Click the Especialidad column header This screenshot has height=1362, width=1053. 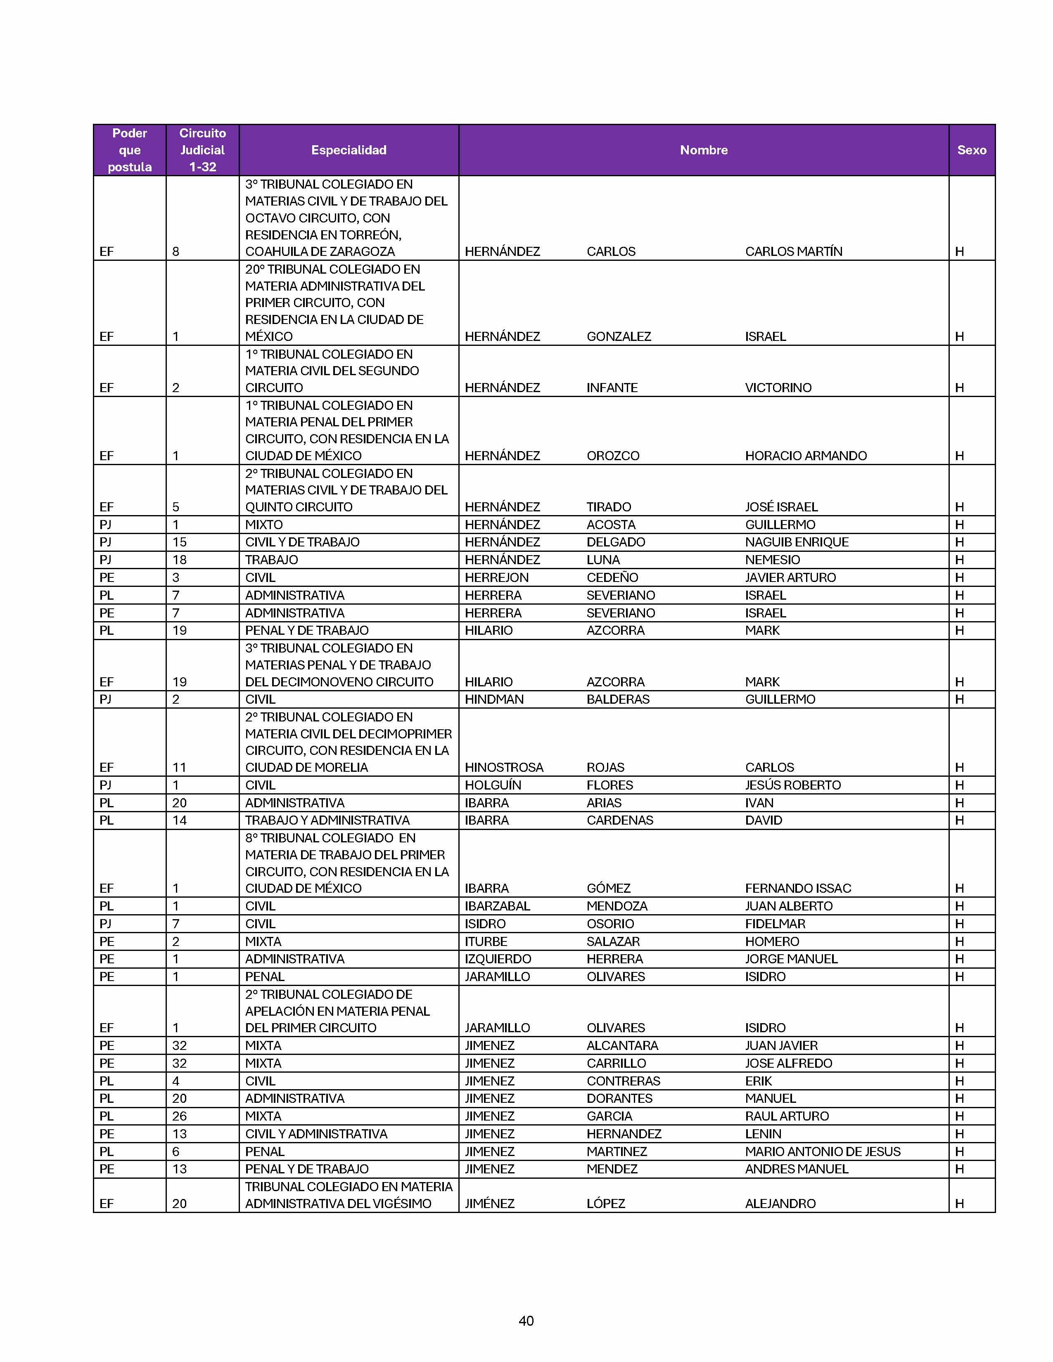(349, 150)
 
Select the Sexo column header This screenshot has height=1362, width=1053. (971, 150)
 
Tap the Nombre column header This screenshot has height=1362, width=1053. (703, 150)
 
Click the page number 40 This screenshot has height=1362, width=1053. (526, 1320)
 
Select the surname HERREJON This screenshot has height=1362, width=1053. (496, 577)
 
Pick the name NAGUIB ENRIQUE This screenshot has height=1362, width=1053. (797, 542)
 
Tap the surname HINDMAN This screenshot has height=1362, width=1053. (494, 699)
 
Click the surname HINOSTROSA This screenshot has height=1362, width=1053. (504, 767)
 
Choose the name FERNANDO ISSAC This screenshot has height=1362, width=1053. (798, 888)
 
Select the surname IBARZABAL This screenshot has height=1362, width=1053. (497, 906)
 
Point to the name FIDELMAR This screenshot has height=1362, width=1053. (775, 924)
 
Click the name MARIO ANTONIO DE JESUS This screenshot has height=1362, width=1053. (822, 1151)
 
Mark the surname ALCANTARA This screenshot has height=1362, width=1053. (622, 1045)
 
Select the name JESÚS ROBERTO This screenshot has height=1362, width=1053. (793, 785)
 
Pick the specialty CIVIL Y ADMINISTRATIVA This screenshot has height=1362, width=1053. (315, 1134)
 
